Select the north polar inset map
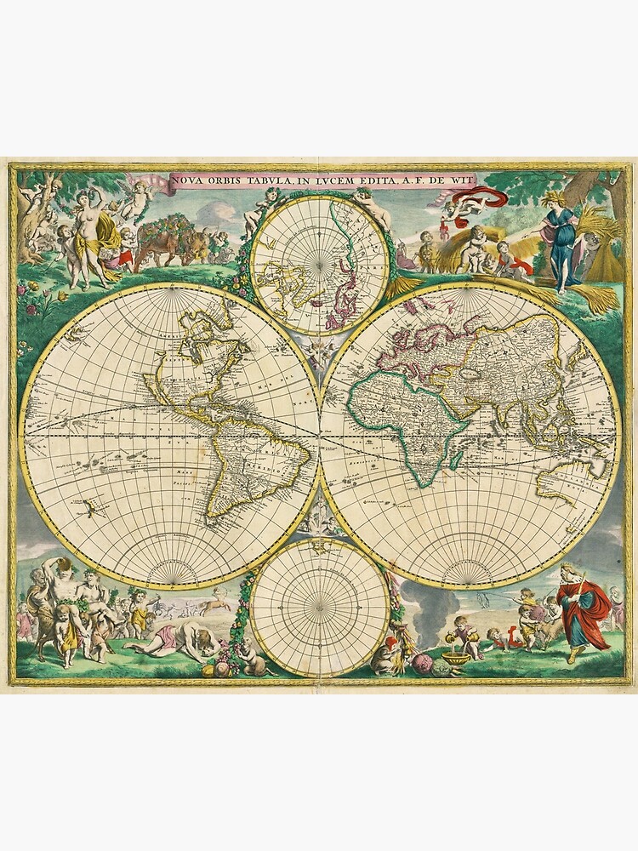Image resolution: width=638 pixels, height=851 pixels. (322, 264)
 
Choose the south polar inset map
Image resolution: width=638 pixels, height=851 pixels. (321, 608)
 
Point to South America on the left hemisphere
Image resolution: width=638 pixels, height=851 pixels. (247, 460)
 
